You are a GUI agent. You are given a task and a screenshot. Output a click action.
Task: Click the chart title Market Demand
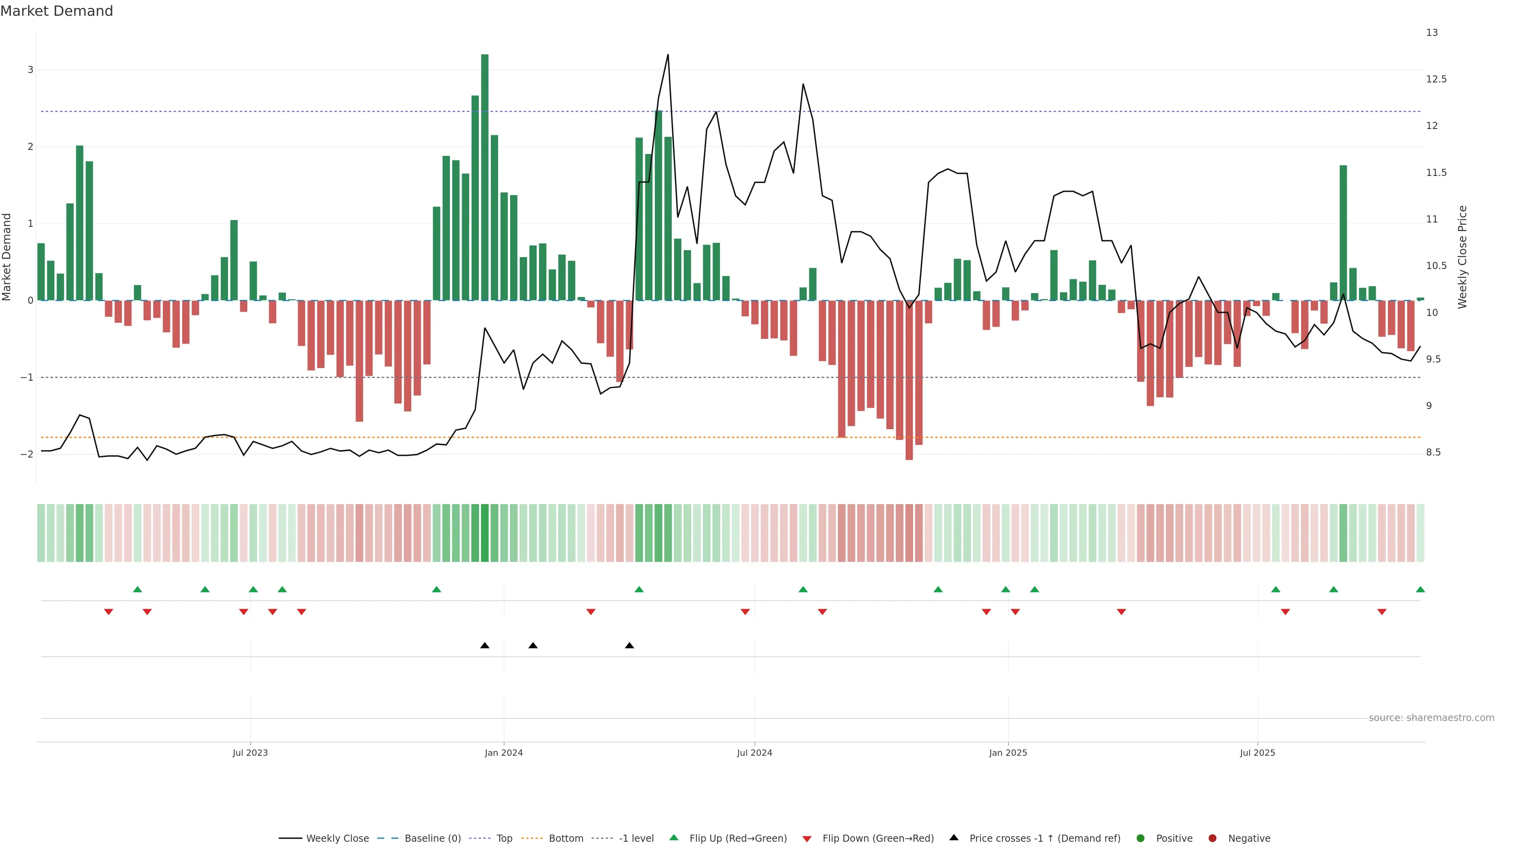[56, 11]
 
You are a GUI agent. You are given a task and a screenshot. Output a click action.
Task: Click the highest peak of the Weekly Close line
[668, 55]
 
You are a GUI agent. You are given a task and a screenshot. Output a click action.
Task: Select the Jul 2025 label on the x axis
[1257, 753]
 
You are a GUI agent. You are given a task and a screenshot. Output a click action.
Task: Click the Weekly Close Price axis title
[1462, 257]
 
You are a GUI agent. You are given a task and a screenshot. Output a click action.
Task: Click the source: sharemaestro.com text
[1431, 718]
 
